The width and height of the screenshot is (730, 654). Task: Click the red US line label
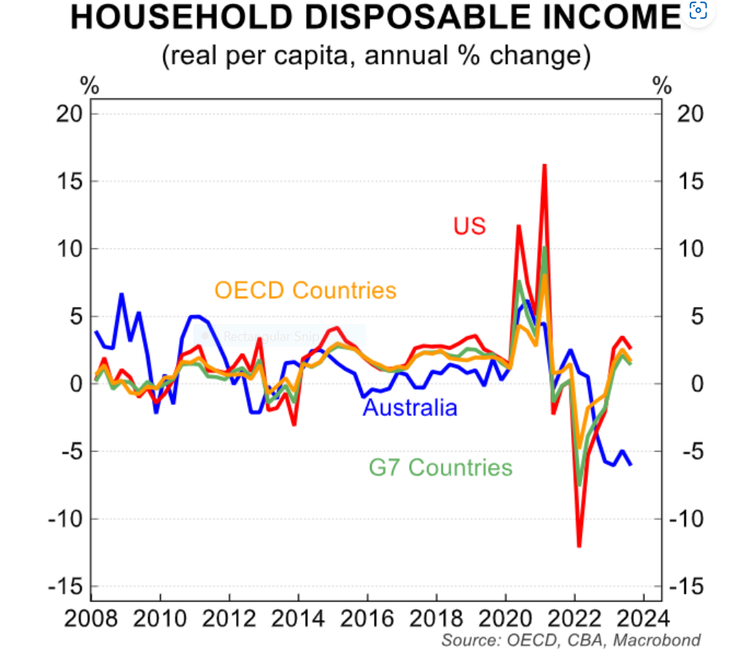point(469,226)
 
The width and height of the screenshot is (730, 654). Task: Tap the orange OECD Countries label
point(305,290)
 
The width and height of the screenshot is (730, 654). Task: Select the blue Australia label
point(410,407)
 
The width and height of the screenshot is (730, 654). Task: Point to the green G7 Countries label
point(440,466)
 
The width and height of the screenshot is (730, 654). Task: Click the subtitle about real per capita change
point(376,55)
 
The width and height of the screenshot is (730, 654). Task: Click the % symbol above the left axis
point(90,85)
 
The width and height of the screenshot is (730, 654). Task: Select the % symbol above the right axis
point(662,85)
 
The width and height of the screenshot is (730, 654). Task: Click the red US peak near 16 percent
point(545,166)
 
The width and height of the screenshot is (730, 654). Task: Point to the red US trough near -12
point(579,545)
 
